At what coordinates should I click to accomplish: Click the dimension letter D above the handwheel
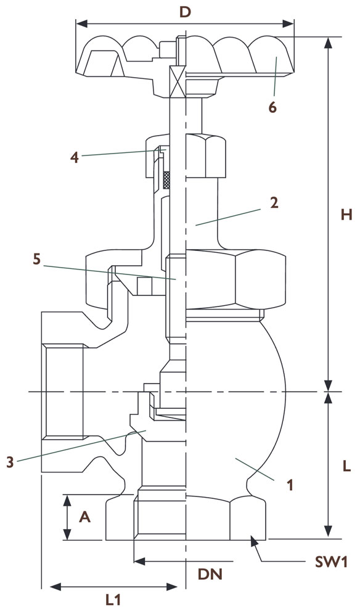click(185, 12)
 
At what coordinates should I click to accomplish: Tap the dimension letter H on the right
click(346, 214)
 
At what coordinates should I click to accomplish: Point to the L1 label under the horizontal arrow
click(113, 600)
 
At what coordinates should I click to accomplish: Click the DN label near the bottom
click(210, 574)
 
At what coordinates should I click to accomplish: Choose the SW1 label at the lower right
click(332, 562)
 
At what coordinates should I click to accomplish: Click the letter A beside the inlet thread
click(85, 517)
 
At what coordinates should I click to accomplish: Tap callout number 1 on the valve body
click(290, 485)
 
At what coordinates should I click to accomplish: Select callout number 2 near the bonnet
click(274, 203)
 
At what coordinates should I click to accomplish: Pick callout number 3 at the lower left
click(10, 463)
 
